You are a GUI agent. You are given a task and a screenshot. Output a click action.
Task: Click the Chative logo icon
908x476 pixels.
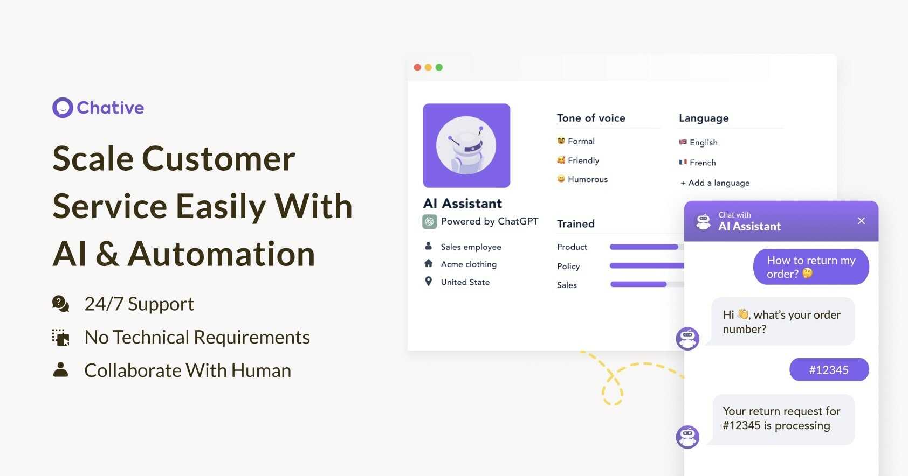[x=63, y=108]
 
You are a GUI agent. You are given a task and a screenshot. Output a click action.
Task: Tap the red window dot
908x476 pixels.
[x=417, y=67]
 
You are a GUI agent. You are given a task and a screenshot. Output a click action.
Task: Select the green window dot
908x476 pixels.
[x=439, y=67]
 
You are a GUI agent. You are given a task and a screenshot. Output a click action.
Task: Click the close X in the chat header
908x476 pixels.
[x=862, y=221]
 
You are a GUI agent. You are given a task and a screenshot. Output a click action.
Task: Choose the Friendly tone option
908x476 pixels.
[x=578, y=160]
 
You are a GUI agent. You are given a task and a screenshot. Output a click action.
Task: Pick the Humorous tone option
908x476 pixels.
[x=582, y=179]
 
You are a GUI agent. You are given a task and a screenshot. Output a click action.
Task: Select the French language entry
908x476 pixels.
[x=697, y=162]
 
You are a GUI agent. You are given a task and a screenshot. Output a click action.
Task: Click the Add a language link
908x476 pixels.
[x=714, y=183]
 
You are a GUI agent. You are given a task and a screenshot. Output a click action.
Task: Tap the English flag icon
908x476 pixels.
[x=683, y=142]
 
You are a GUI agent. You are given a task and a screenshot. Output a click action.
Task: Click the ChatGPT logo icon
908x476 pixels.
[x=430, y=222]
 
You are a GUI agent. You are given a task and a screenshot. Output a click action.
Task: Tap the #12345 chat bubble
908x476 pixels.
[x=829, y=369]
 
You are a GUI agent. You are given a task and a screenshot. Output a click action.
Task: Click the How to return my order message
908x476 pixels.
[x=811, y=267]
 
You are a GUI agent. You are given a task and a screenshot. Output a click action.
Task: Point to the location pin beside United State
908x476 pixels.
[x=429, y=281]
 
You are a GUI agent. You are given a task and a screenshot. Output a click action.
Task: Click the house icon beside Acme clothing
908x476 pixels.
[x=429, y=263]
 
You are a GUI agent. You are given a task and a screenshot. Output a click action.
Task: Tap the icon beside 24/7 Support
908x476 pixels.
[x=61, y=304]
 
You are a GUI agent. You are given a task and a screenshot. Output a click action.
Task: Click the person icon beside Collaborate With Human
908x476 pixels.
[x=61, y=369]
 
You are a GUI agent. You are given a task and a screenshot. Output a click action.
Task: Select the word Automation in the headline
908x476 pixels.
[x=221, y=254]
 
